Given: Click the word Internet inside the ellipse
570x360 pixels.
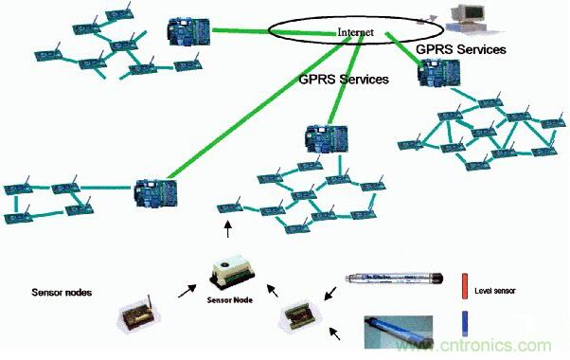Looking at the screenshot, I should coord(356,32).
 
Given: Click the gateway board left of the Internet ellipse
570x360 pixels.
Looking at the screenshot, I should coord(186,30).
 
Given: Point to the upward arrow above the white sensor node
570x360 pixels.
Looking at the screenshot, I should coord(227,231).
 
